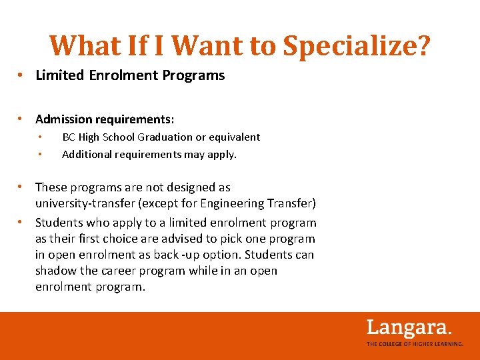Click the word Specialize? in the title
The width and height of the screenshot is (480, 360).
tap(357, 45)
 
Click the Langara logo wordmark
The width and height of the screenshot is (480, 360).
tap(409, 328)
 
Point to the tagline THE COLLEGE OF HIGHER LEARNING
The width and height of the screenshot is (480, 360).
tap(415, 344)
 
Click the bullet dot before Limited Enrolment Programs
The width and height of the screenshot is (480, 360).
tap(22, 75)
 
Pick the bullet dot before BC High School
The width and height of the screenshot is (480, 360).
tap(41, 137)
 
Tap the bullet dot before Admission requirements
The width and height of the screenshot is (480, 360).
tap(22, 119)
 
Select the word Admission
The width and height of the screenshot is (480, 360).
tap(64, 119)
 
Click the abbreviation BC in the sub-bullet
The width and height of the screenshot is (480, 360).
tap(69, 137)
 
